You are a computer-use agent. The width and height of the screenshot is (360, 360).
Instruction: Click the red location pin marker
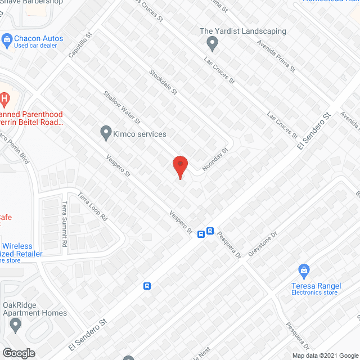(179, 166)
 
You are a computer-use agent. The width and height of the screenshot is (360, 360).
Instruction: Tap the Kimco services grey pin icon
(105, 133)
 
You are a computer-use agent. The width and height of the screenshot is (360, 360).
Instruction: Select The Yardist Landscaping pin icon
(212, 42)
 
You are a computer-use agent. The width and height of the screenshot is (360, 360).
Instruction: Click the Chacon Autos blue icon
(7, 39)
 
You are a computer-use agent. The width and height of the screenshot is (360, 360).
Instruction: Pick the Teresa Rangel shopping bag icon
(304, 271)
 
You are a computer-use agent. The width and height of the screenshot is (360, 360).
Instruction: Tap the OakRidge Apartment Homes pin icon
(15, 325)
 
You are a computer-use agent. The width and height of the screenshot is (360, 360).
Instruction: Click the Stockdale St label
(163, 82)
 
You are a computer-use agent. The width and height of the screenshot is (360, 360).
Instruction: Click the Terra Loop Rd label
(92, 207)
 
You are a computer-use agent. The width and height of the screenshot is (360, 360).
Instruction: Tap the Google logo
(18, 353)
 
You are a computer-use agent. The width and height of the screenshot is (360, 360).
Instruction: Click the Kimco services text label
(140, 134)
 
